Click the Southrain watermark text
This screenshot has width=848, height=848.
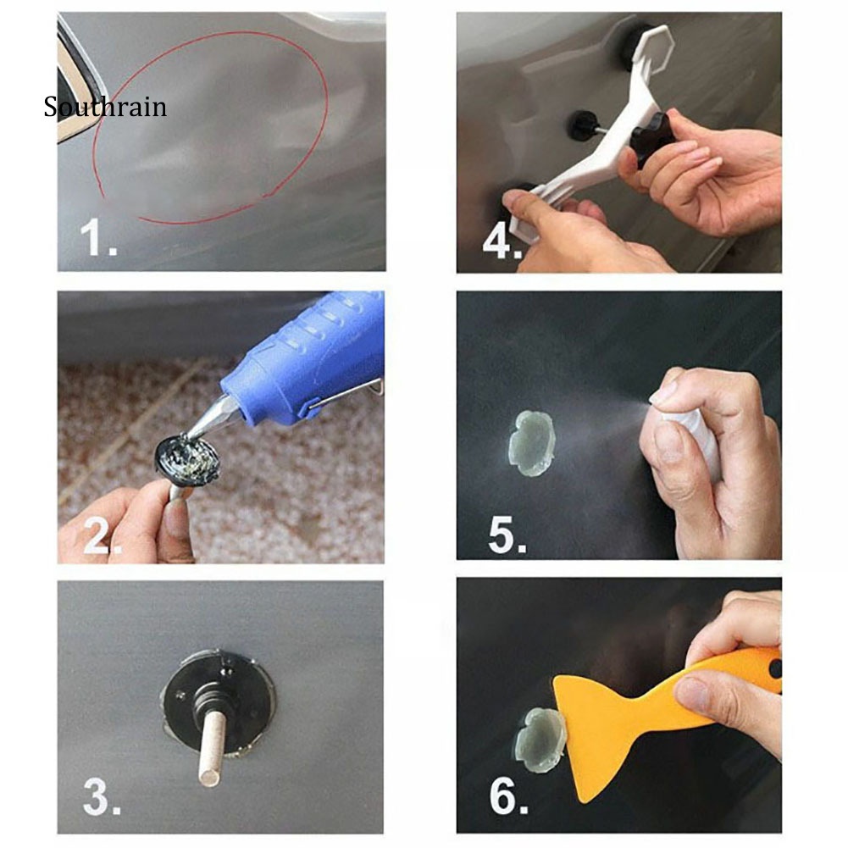105,108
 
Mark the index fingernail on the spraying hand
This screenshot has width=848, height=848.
666,391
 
